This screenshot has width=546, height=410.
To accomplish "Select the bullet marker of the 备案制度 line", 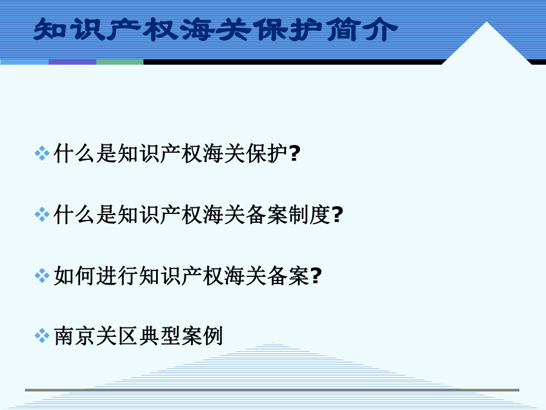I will pyautogui.click(x=42, y=215).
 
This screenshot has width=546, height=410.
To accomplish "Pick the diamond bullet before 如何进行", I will pyautogui.click(x=42, y=275).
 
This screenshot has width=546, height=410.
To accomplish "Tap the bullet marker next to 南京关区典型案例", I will pyautogui.click(x=42, y=336).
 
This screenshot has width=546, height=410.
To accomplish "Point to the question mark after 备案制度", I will pyautogui.click(x=337, y=215).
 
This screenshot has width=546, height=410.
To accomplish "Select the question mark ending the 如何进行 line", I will pyautogui.click(x=316, y=275).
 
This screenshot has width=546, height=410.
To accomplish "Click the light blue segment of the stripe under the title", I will pyautogui.click(x=24, y=61).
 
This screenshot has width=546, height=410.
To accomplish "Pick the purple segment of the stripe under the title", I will pyautogui.click(x=72, y=61).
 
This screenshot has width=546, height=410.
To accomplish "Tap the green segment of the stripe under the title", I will pyautogui.click(x=119, y=61).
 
